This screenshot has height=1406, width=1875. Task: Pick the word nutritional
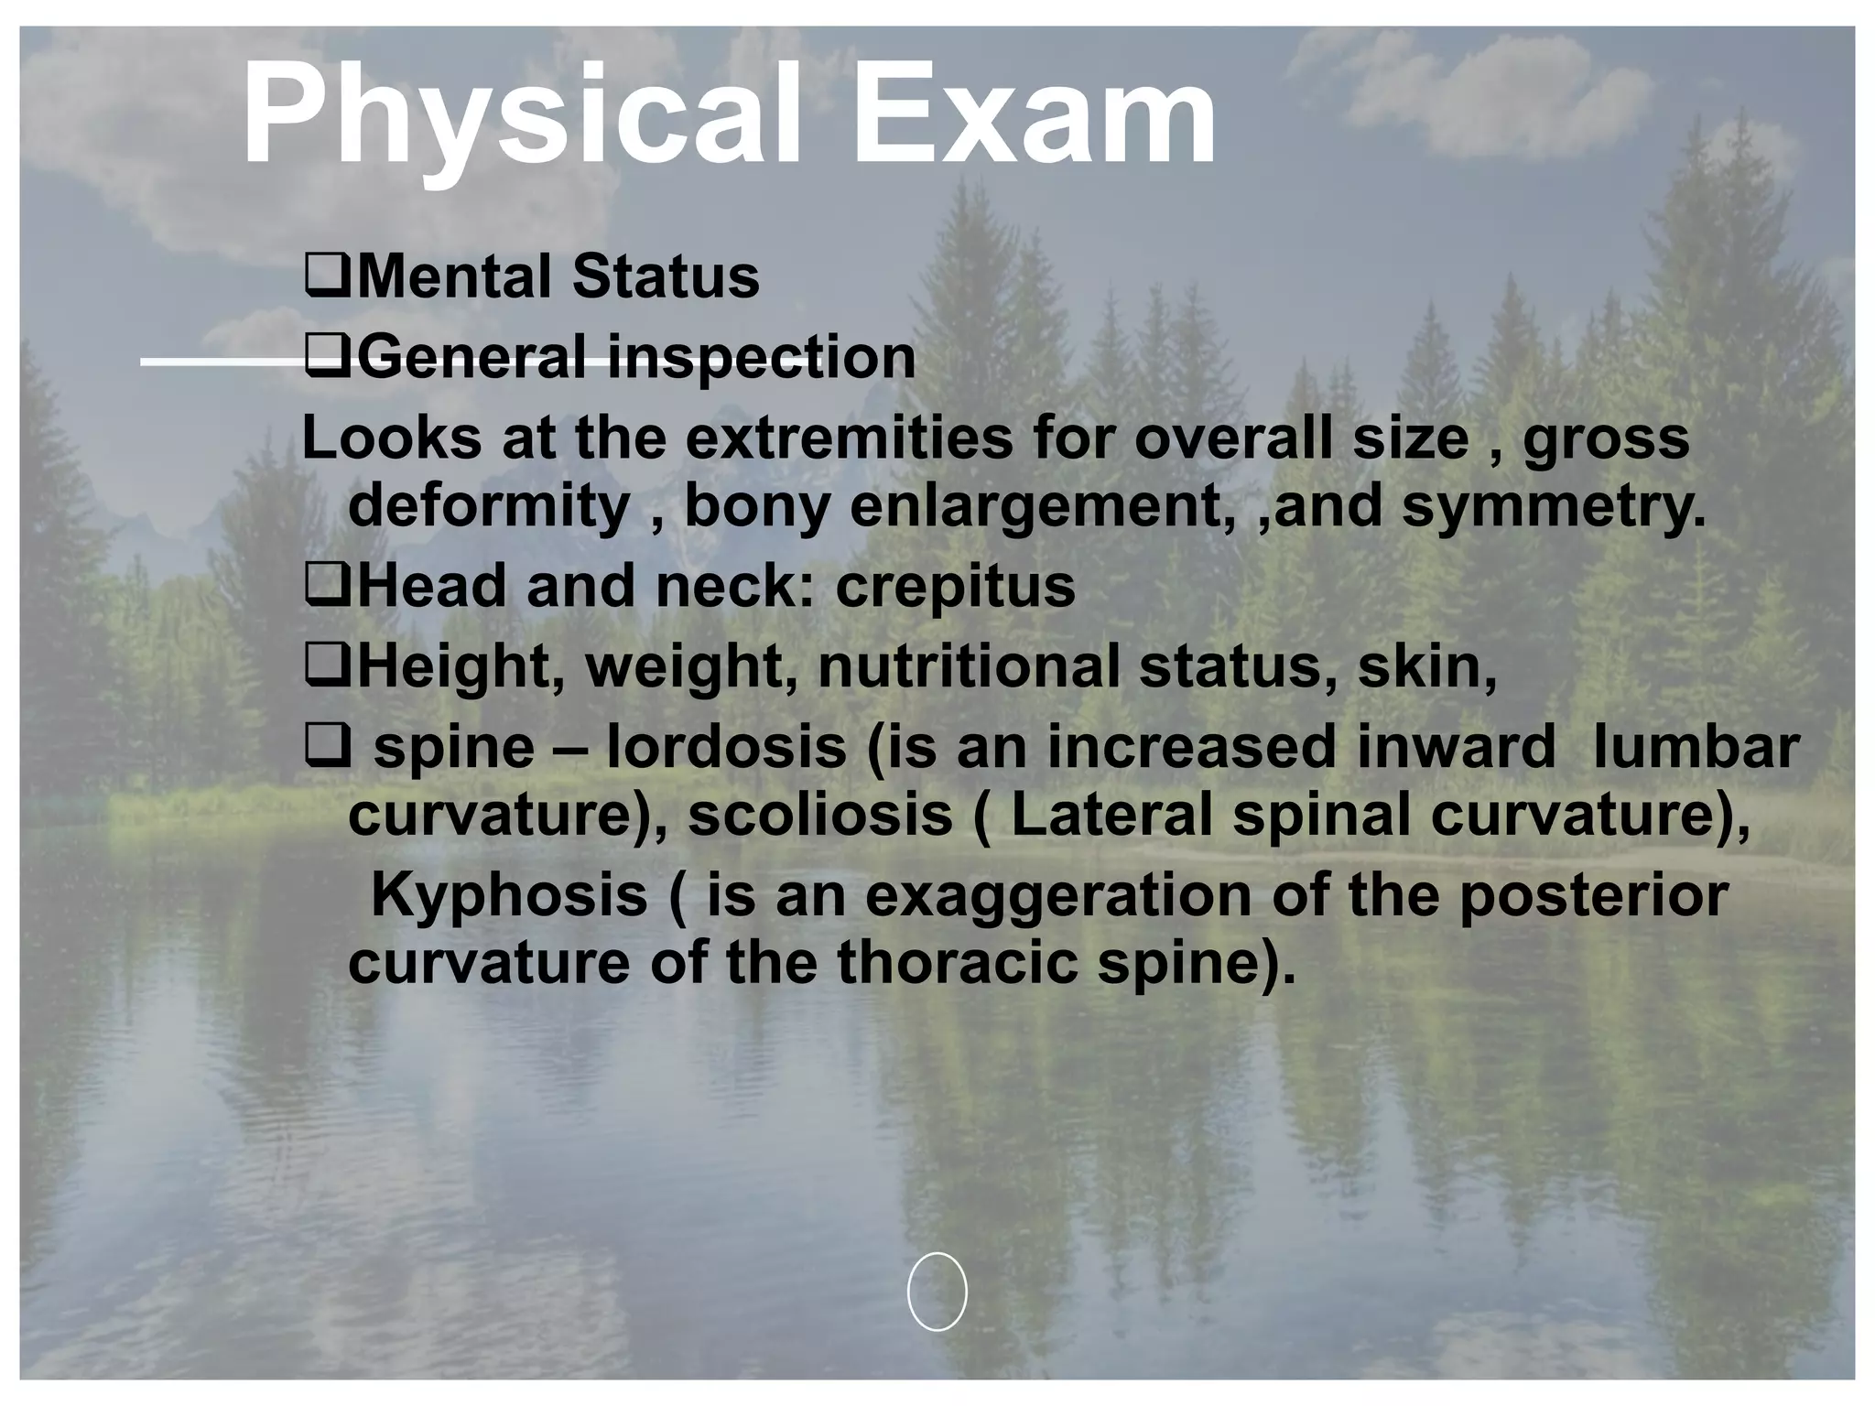tap(969, 666)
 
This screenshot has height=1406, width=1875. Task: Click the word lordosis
tap(727, 746)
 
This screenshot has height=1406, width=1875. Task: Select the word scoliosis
tap(820, 814)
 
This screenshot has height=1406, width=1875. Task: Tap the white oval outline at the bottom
tap(937, 1291)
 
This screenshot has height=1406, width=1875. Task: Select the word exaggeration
tap(1058, 894)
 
